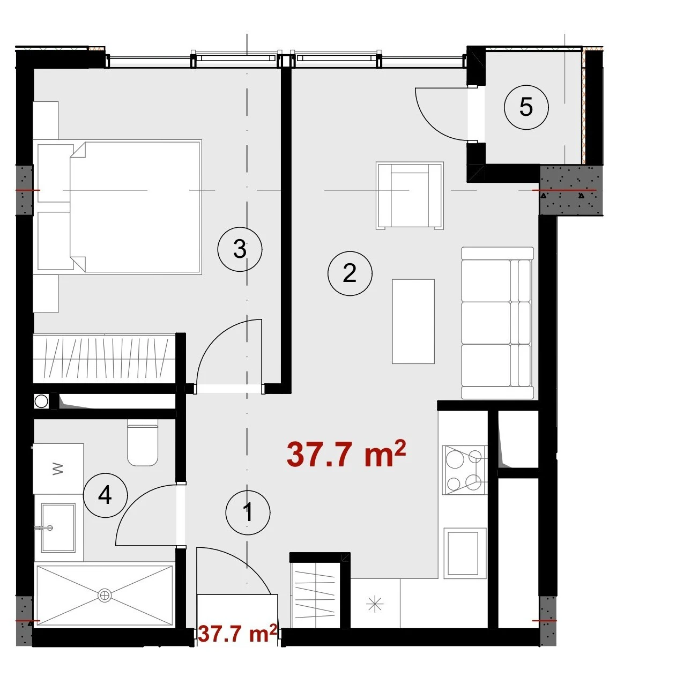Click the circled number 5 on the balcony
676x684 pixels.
[x=526, y=107]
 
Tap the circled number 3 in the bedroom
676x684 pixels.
[x=240, y=249]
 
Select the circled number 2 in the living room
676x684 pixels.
[x=350, y=274]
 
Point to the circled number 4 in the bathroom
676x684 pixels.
[x=105, y=495]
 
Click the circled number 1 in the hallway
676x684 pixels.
[x=248, y=512]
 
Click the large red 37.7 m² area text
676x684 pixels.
[x=346, y=454]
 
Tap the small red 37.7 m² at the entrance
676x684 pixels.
[x=237, y=634]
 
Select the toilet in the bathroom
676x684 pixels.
[x=143, y=442]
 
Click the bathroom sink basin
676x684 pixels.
[x=58, y=527]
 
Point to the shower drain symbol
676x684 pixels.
[x=105, y=595]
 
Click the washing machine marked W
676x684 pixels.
[x=58, y=469]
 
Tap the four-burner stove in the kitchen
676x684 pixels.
[x=465, y=470]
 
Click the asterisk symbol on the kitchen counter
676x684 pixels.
[x=375, y=604]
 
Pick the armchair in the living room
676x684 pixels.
[x=410, y=196]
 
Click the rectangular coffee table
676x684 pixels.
[x=413, y=321]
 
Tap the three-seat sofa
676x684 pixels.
[x=497, y=323]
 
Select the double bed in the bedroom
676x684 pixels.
[x=120, y=206]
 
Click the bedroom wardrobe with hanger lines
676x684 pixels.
[x=105, y=359]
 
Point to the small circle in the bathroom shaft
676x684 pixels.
[x=41, y=402]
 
